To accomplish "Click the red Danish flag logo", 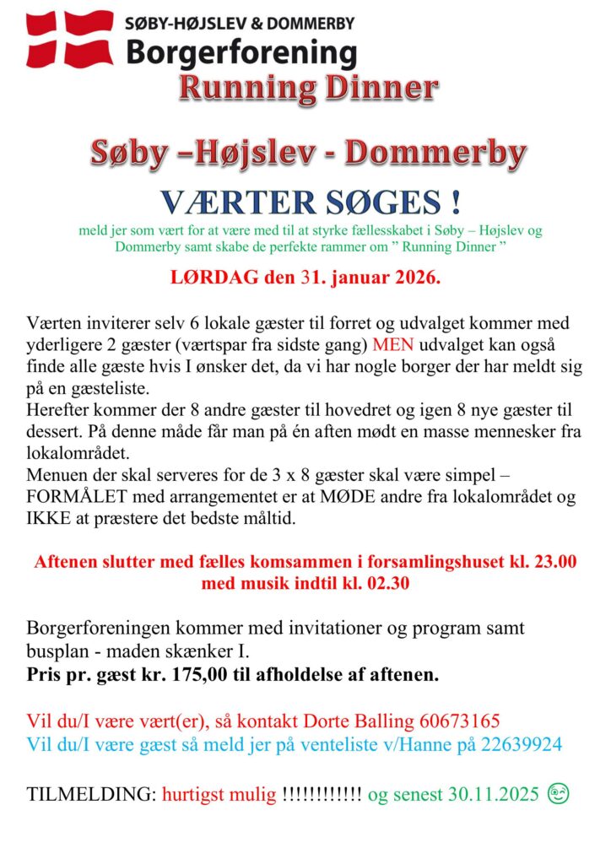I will pyautogui.click(x=70, y=39).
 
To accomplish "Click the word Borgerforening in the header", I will pyautogui.click(x=241, y=53).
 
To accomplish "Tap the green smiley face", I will pyautogui.click(x=558, y=794).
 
